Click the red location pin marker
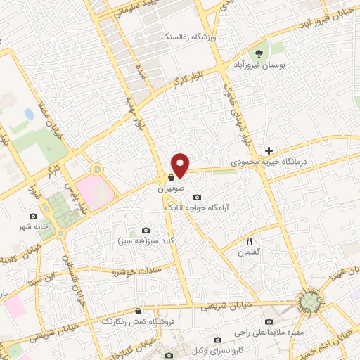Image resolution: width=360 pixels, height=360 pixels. click(181, 165)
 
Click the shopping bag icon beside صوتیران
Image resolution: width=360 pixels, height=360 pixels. click(172, 179)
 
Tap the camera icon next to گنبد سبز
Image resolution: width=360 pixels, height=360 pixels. click(146, 230)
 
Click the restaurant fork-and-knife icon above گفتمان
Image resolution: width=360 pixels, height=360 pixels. click(249, 241)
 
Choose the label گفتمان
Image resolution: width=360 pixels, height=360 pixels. click(249, 252)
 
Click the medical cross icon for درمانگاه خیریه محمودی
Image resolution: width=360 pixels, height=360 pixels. click(268, 150)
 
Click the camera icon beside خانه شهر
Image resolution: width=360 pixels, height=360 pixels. click(32, 216)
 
